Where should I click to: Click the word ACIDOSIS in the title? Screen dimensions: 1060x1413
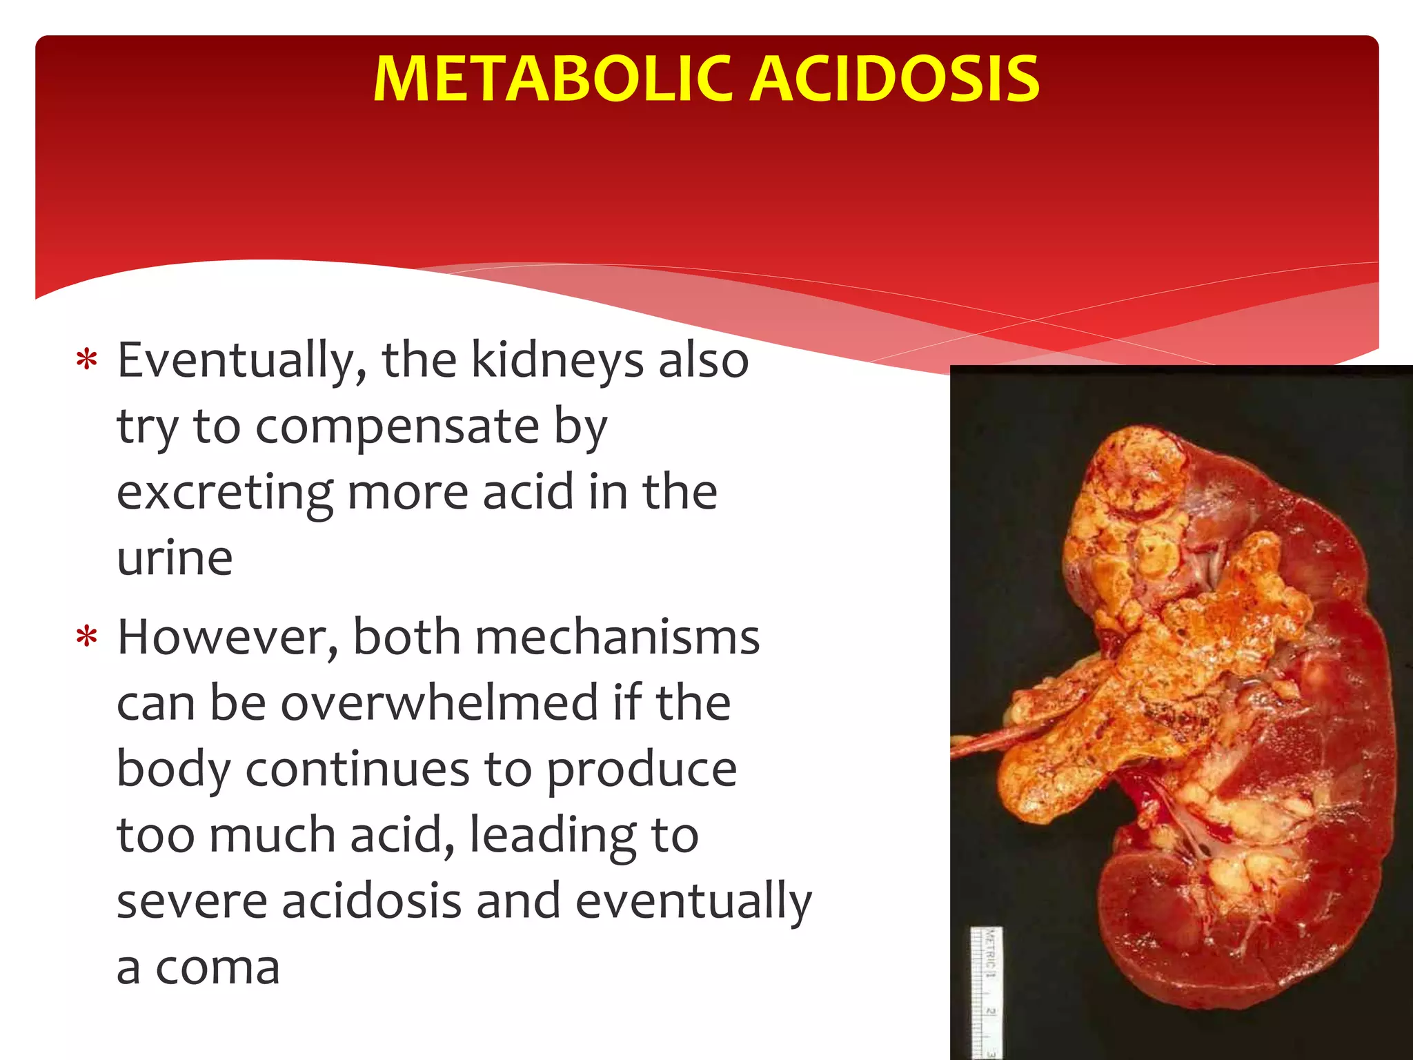tap(895, 79)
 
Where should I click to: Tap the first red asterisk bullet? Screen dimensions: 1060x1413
tap(87, 360)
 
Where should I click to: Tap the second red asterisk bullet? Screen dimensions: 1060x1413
tap(87, 637)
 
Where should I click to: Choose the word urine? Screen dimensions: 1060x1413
tap(175, 559)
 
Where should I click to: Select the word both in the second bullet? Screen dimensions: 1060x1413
tap(406, 638)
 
